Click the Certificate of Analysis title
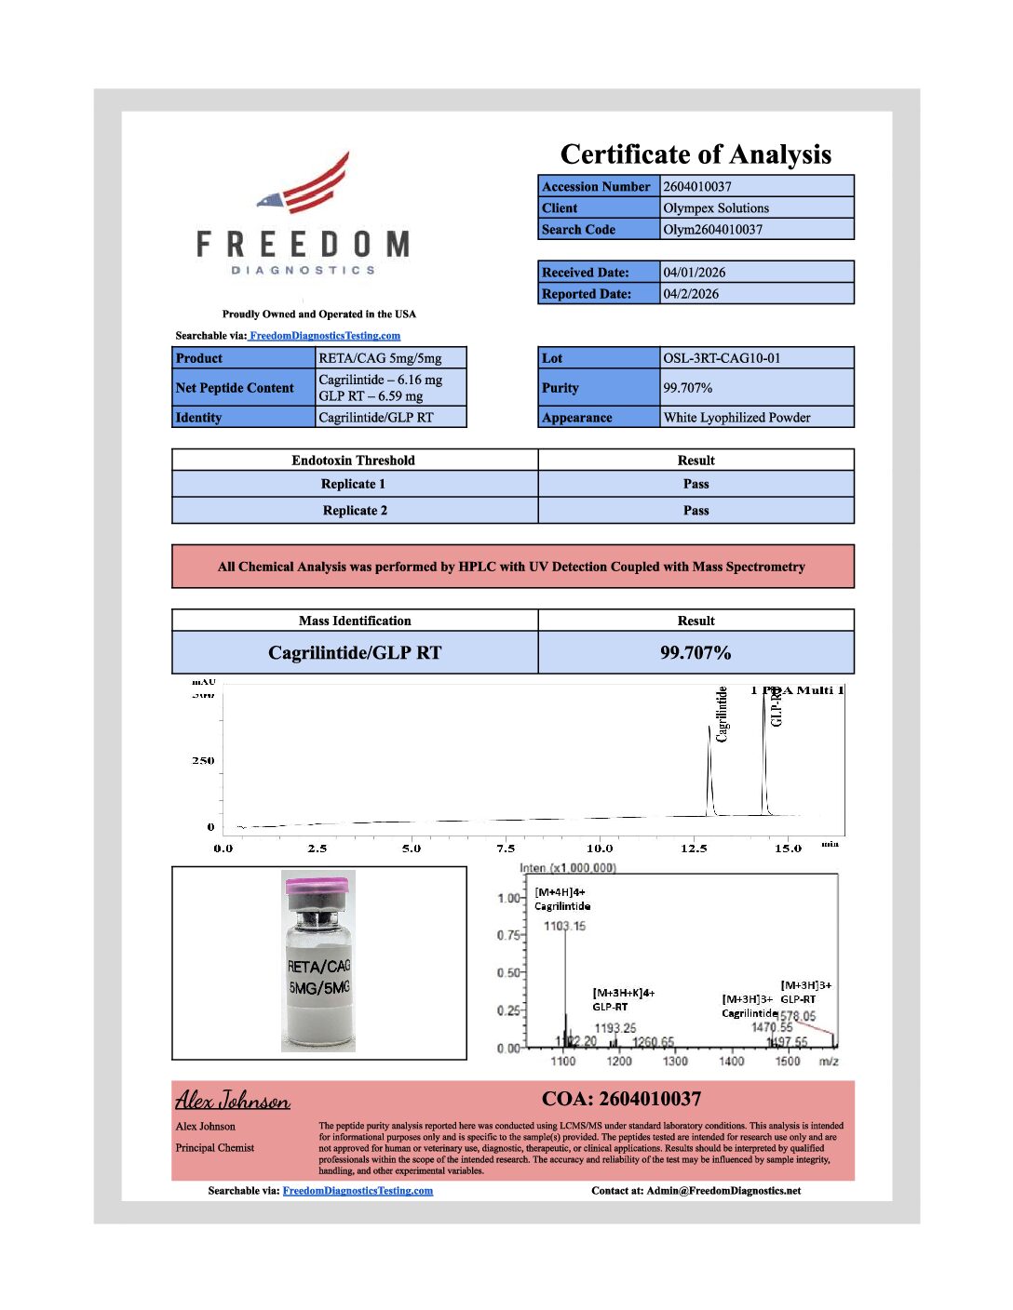[696, 154]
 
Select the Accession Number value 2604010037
[697, 186]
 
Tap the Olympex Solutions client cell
[716, 207]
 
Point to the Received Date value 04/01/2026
[695, 272]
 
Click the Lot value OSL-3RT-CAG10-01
[722, 358]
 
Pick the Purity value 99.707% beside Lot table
[688, 387]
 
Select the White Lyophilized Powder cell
[736, 417]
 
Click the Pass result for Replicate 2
[696, 510]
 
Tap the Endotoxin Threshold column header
[354, 460]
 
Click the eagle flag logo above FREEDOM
[307, 186]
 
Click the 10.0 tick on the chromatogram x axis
[600, 848]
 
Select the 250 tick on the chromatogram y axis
[203, 760]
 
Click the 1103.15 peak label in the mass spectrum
[565, 926]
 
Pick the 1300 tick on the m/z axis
[675, 1061]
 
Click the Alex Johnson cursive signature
[233, 1101]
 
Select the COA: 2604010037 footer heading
[621, 1099]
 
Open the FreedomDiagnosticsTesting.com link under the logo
[325, 336]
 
